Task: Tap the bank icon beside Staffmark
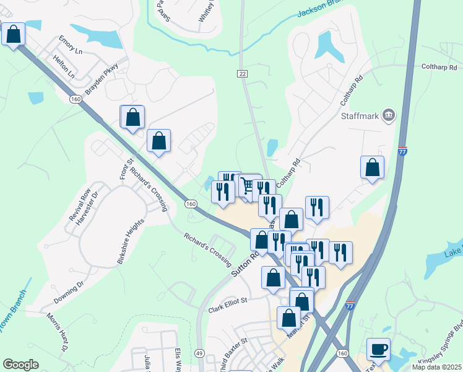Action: point(389,115)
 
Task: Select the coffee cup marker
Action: point(378,349)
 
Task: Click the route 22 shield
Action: point(242,74)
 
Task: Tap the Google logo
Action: point(20,365)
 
